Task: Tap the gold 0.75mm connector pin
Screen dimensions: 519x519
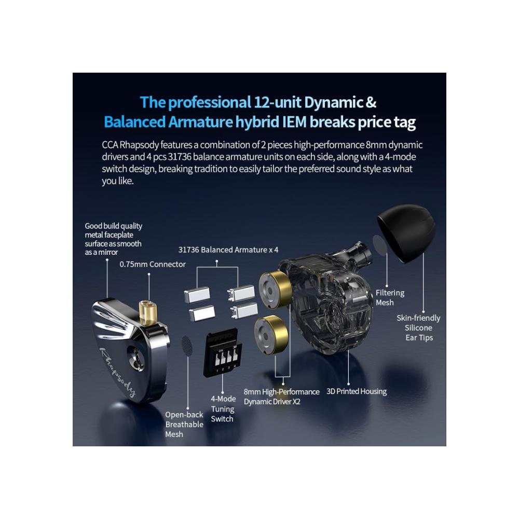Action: pos(147,312)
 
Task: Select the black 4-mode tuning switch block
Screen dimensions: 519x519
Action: pos(222,353)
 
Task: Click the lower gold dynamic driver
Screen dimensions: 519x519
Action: pos(271,334)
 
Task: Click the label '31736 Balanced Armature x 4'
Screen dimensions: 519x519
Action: pos(228,250)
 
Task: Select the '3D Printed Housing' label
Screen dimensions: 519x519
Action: pos(357,391)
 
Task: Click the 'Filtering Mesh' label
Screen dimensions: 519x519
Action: pos(390,297)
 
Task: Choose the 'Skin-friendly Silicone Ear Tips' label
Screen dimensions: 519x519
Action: pos(418,327)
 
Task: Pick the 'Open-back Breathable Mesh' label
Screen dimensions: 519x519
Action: pos(184,425)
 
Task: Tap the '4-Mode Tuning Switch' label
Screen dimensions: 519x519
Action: pos(223,409)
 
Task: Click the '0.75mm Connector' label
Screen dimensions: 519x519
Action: pos(153,264)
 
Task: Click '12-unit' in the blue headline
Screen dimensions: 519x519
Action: pos(277,102)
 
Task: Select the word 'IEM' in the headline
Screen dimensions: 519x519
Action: pos(294,122)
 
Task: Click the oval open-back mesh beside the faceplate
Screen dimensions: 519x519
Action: pos(187,346)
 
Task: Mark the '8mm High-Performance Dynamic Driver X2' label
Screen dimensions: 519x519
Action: pos(281,397)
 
